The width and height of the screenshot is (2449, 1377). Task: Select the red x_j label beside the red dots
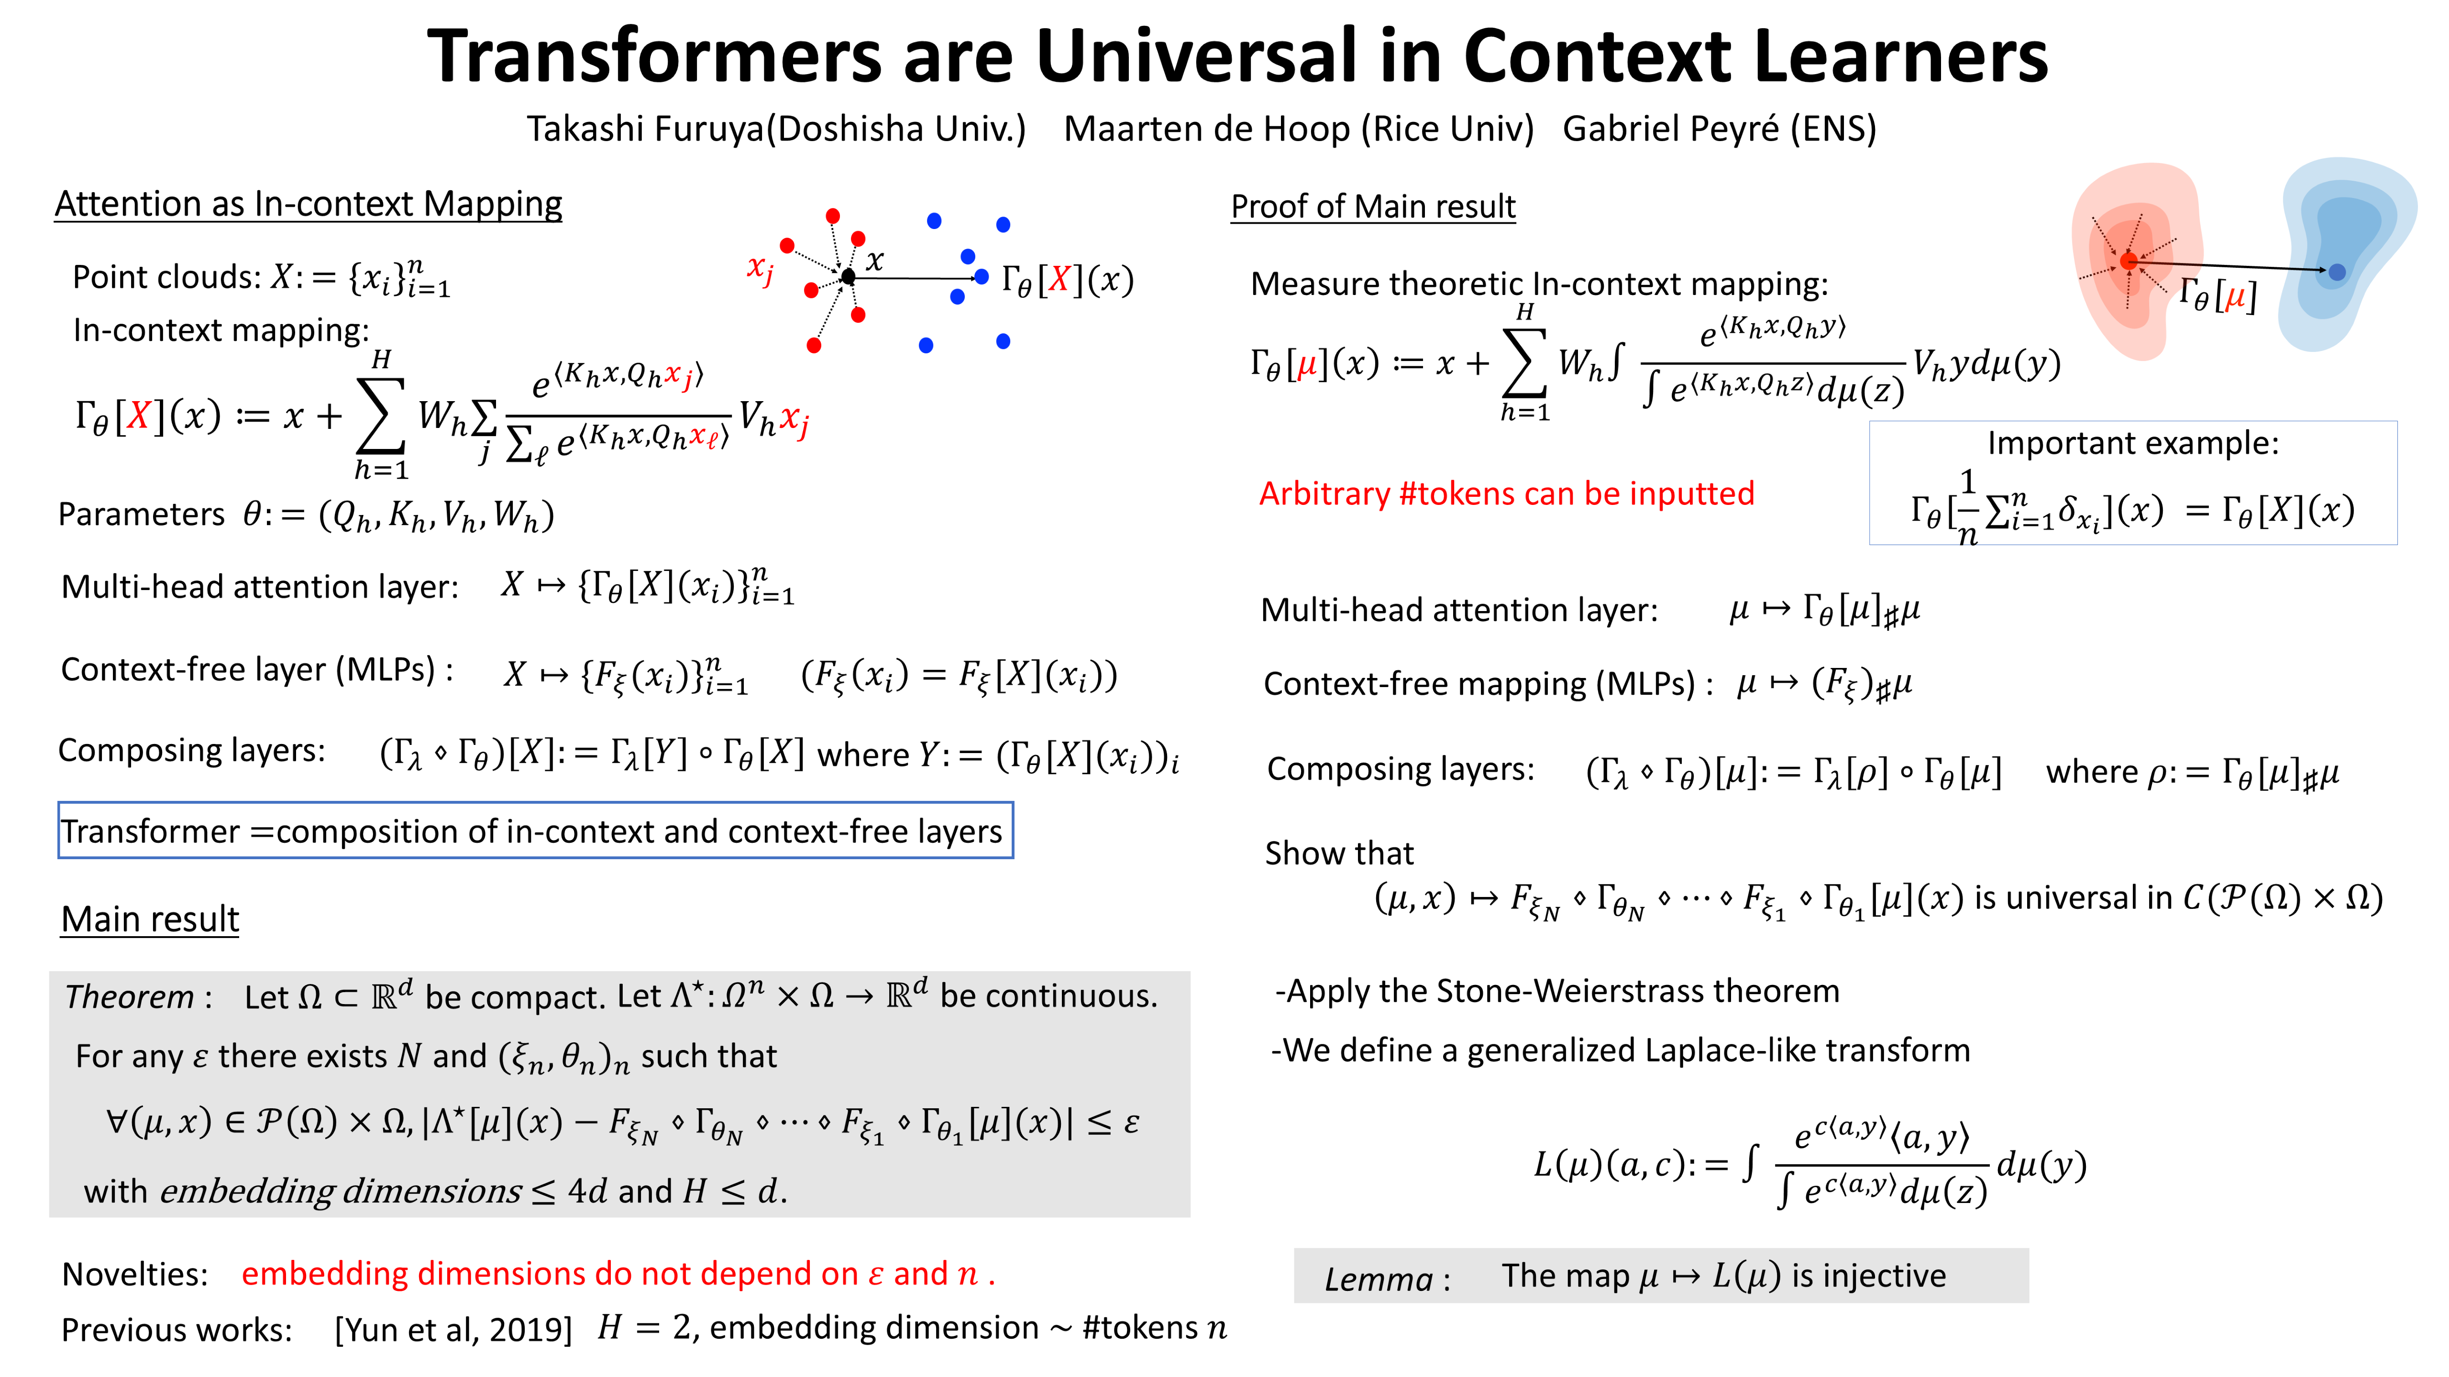[760, 269]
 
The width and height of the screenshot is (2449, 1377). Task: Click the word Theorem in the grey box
[129, 997]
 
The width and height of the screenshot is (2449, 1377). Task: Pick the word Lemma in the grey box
[1379, 1279]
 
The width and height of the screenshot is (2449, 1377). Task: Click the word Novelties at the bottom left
[134, 1274]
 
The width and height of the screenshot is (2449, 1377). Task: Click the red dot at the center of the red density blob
[2129, 262]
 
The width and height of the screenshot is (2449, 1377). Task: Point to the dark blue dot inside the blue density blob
[2337, 273]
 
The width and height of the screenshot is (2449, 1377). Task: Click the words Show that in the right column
[1339, 853]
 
